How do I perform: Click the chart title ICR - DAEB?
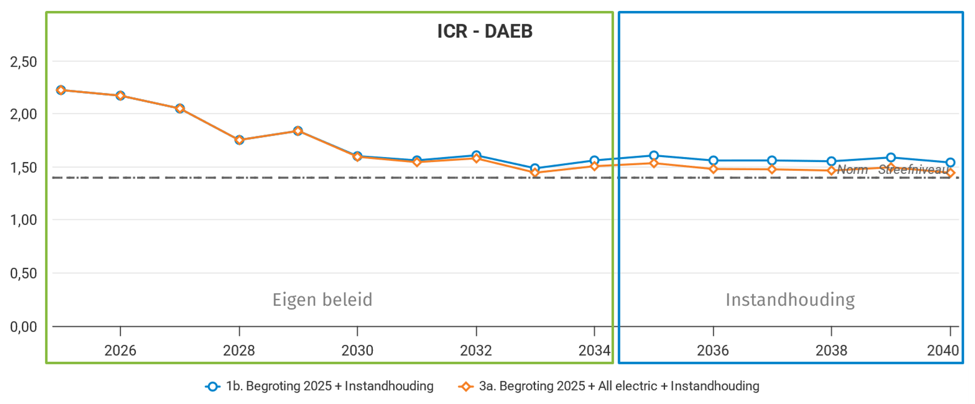tap(484, 31)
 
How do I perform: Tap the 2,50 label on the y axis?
tap(24, 62)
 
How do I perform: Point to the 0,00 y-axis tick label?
tap(24, 327)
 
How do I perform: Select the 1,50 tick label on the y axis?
tap(24, 168)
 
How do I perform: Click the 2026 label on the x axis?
tap(120, 350)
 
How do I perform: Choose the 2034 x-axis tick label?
tap(594, 350)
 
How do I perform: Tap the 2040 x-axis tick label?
tap(943, 350)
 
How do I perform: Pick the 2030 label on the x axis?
tap(357, 350)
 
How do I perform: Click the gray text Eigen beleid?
tap(322, 300)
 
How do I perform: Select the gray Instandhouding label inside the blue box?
tap(790, 300)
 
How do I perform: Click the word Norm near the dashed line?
tap(853, 170)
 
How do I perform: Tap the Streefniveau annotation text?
tap(913, 170)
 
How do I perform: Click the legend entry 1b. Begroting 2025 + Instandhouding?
tap(330, 386)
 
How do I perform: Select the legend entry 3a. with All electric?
tap(619, 386)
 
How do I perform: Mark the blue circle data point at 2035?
tap(654, 156)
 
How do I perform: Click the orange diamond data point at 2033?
tap(535, 172)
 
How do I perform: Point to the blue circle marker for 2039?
tap(891, 158)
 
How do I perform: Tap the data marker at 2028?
tap(239, 140)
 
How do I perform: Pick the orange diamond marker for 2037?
tap(772, 169)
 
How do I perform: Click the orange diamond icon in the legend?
tap(465, 387)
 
